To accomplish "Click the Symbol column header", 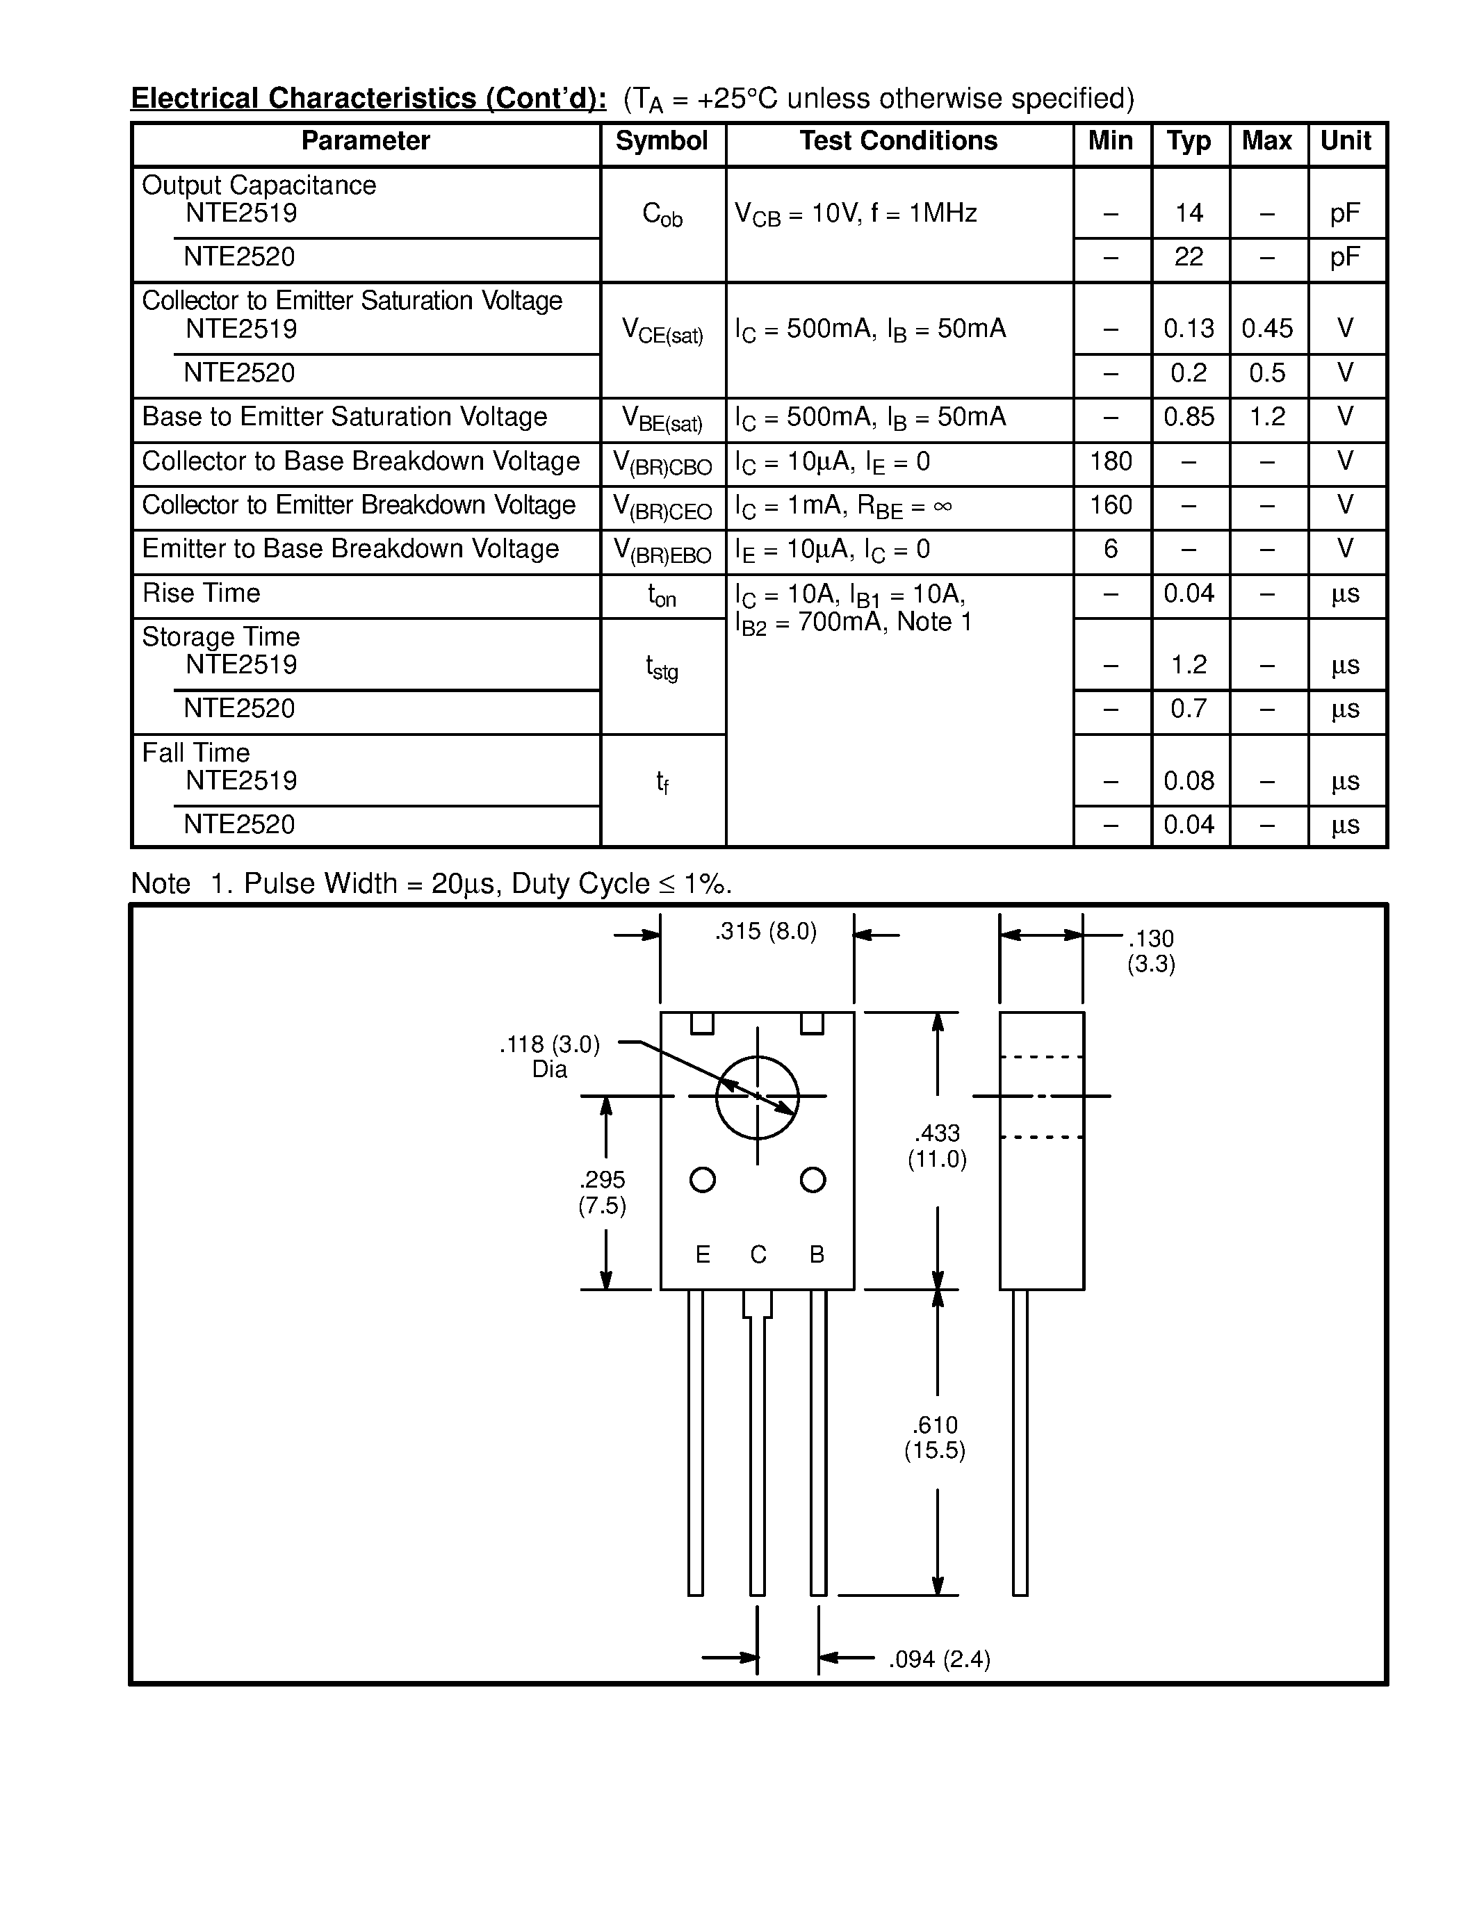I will click(662, 141).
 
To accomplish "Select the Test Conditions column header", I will click(898, 141).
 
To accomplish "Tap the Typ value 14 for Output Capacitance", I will click(1189, 213).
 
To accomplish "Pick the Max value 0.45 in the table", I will click(1267, 329).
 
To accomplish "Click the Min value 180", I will click(1111, 461).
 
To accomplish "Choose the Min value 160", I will click(1111, 505).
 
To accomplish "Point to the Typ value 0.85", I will click(1189, 416).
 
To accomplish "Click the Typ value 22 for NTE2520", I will click(1189, 256).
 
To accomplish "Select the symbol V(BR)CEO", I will click(662, 507).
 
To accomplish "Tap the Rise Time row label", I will click(202, 593).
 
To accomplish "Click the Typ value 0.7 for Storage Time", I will click(1189, 708).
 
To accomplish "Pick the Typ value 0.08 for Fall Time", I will click(1189, 780).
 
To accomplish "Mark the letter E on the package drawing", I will click(703, 1255).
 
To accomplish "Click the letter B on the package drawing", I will click(817, 1255).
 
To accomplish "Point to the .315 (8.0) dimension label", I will click(766, 932).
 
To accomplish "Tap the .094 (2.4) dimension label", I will click(939, 1659).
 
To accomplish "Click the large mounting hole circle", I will click(758, 1097).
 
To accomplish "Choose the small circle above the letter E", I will click(703, 1179).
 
